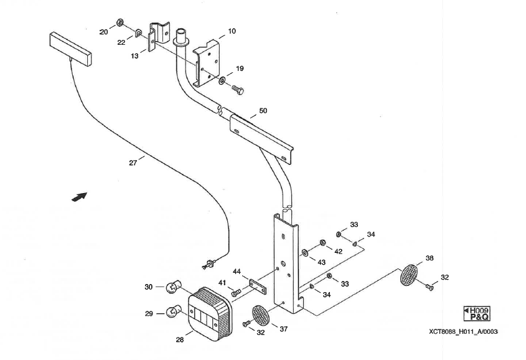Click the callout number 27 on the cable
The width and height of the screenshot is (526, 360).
click(x=132, y=163)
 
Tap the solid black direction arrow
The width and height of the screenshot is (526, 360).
click(x=78, y=197)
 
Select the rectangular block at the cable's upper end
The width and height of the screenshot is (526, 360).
click(x=71, y=48)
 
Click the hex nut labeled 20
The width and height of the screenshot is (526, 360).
click(x=120, y=22)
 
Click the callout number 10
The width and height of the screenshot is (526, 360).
click(x=232, y=31)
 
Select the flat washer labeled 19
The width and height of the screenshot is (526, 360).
click(x=222, y=80)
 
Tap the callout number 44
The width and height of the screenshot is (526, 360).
click(x=237, y=272)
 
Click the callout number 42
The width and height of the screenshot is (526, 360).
click(x=338, y=251)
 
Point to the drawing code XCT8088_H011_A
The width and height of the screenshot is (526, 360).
click(x=464, y=331)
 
